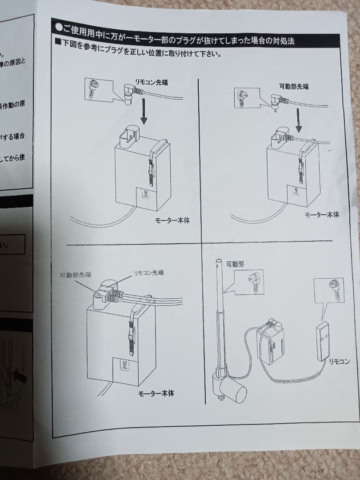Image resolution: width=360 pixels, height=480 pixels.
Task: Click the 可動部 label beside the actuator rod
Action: click(x=235, y=264)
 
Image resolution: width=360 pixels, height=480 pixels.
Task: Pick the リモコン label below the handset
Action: click(x=339, y=361)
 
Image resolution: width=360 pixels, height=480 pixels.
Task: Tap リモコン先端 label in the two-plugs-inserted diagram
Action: click(x=148, y=272)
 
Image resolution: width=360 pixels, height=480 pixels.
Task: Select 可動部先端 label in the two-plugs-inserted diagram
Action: click(x=75, y=275)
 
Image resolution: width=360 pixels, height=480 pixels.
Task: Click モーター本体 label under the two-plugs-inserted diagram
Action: click(x=156, y=393)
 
